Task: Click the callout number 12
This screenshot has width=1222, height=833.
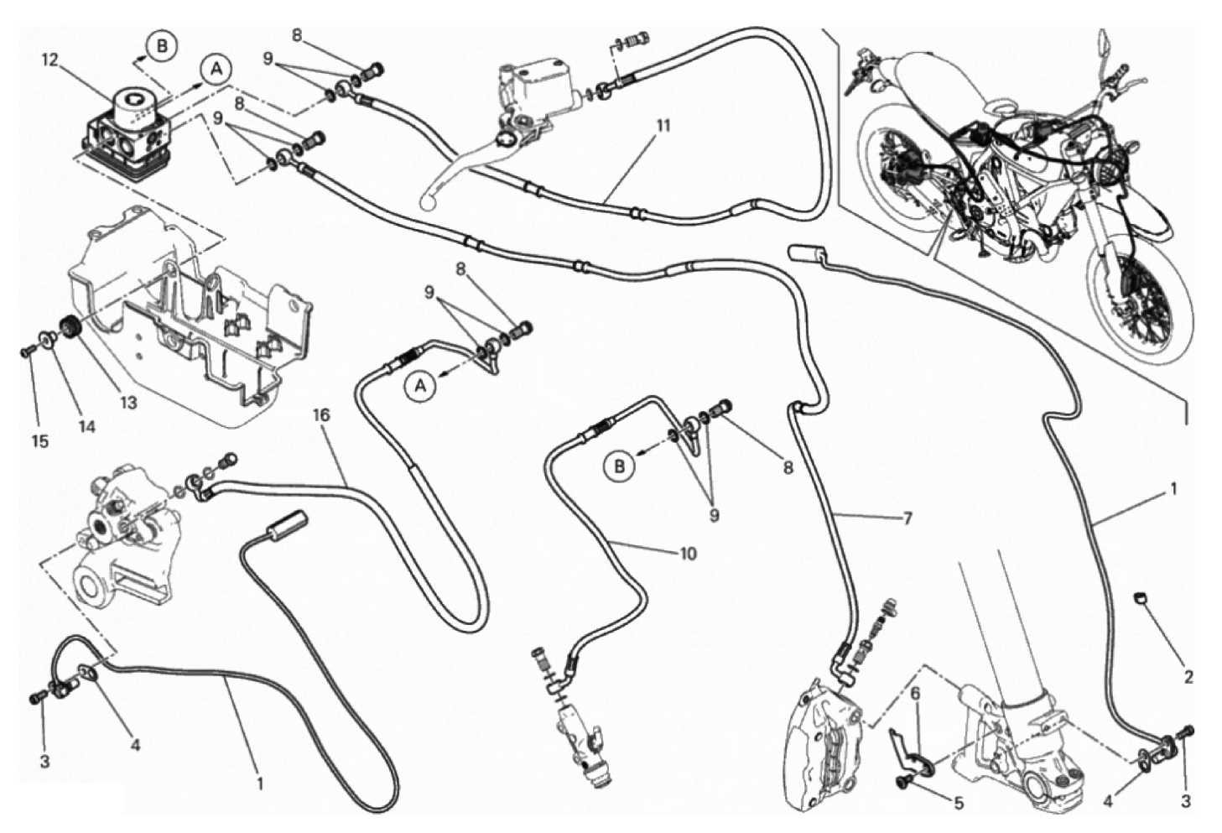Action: coord(50,59)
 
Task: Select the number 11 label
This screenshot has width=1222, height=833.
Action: coord(663,126)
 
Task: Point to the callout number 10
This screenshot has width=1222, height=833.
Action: coord(688,554)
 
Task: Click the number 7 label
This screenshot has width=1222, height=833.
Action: coord(906,518)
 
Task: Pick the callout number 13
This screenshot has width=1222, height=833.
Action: coord(127,403)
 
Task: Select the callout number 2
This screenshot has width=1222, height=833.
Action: coord(1188,676)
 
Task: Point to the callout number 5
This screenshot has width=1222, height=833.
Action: coord(959,802)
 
